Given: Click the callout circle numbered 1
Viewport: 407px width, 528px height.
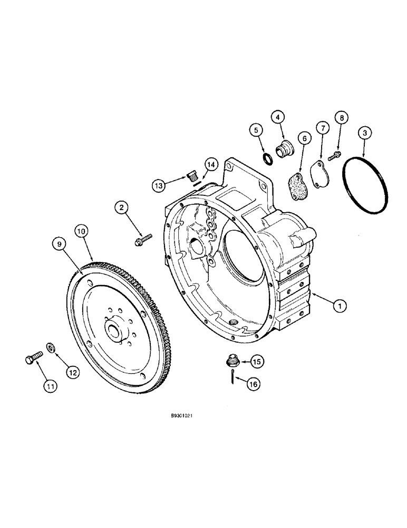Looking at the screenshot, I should coord(341,305).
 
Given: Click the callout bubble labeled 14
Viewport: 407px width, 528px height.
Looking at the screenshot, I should coord(210,165).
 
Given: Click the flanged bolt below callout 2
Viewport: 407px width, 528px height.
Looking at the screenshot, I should coord(143,240).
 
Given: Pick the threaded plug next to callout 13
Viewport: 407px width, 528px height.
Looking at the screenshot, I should coord(192,175).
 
